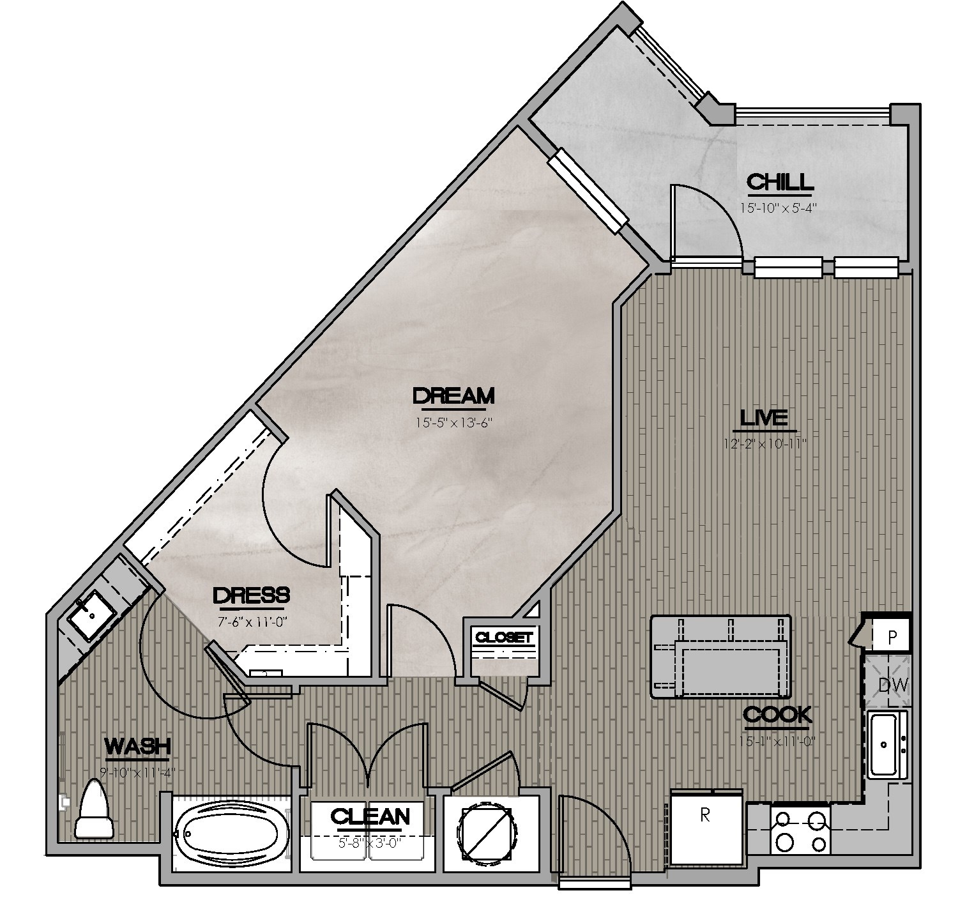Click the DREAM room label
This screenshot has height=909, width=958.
pyautogui.click(x=453, y=396)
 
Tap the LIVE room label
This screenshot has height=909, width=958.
pyautogui.click(x=763, y=418)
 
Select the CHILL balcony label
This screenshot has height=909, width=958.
pyautogui.click(x=780, y=183)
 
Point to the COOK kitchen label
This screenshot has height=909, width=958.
pyautogui.click(x=777, y=715)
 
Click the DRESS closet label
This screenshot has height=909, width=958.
pyautogui.click(x=251, y=595)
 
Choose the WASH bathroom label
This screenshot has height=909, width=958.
pyautogui.click(x=137, y=745)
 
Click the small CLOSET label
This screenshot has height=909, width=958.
pyautogui.click(x=503, y=637)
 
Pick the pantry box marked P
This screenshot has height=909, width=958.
pyautogui.click(x=892, y=637)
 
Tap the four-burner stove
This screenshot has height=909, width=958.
pyautogui.click(x=800, y=830)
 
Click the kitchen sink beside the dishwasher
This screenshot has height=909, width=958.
pyautogui.click(x=887, y=744)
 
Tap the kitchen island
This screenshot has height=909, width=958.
pyautogui.click(x=720, y=657)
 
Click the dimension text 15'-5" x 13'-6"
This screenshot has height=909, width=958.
pyautogui.click(x=453, y=422)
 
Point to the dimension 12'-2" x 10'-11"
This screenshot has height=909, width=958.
pyautogui.click(x=763, y=443)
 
